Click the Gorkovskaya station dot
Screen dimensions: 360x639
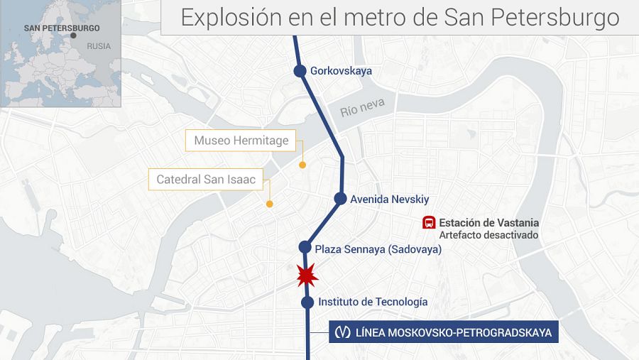point(300,70)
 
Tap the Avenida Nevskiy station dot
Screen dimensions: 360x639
point(340,199)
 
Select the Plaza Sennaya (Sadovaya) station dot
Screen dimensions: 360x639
point(305,247)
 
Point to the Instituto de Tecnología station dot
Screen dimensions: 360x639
point(307,302)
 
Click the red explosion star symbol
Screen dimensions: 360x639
point(306,274)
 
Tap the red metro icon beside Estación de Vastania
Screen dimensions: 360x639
point(429,223)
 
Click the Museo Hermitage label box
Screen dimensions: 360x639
point(241,141)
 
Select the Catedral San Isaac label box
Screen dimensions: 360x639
point(206,179)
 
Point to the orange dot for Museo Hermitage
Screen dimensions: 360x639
point(302,165)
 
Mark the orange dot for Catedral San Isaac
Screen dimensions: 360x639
point(270,204)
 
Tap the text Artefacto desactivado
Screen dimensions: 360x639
point(488,235)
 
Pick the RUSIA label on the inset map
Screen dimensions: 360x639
point(99,45)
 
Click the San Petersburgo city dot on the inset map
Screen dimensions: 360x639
point(73,35)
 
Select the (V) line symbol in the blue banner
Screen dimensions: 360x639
point(342,332)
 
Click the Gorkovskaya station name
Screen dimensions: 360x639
point(341,71)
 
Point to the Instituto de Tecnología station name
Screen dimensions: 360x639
point(373,302)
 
